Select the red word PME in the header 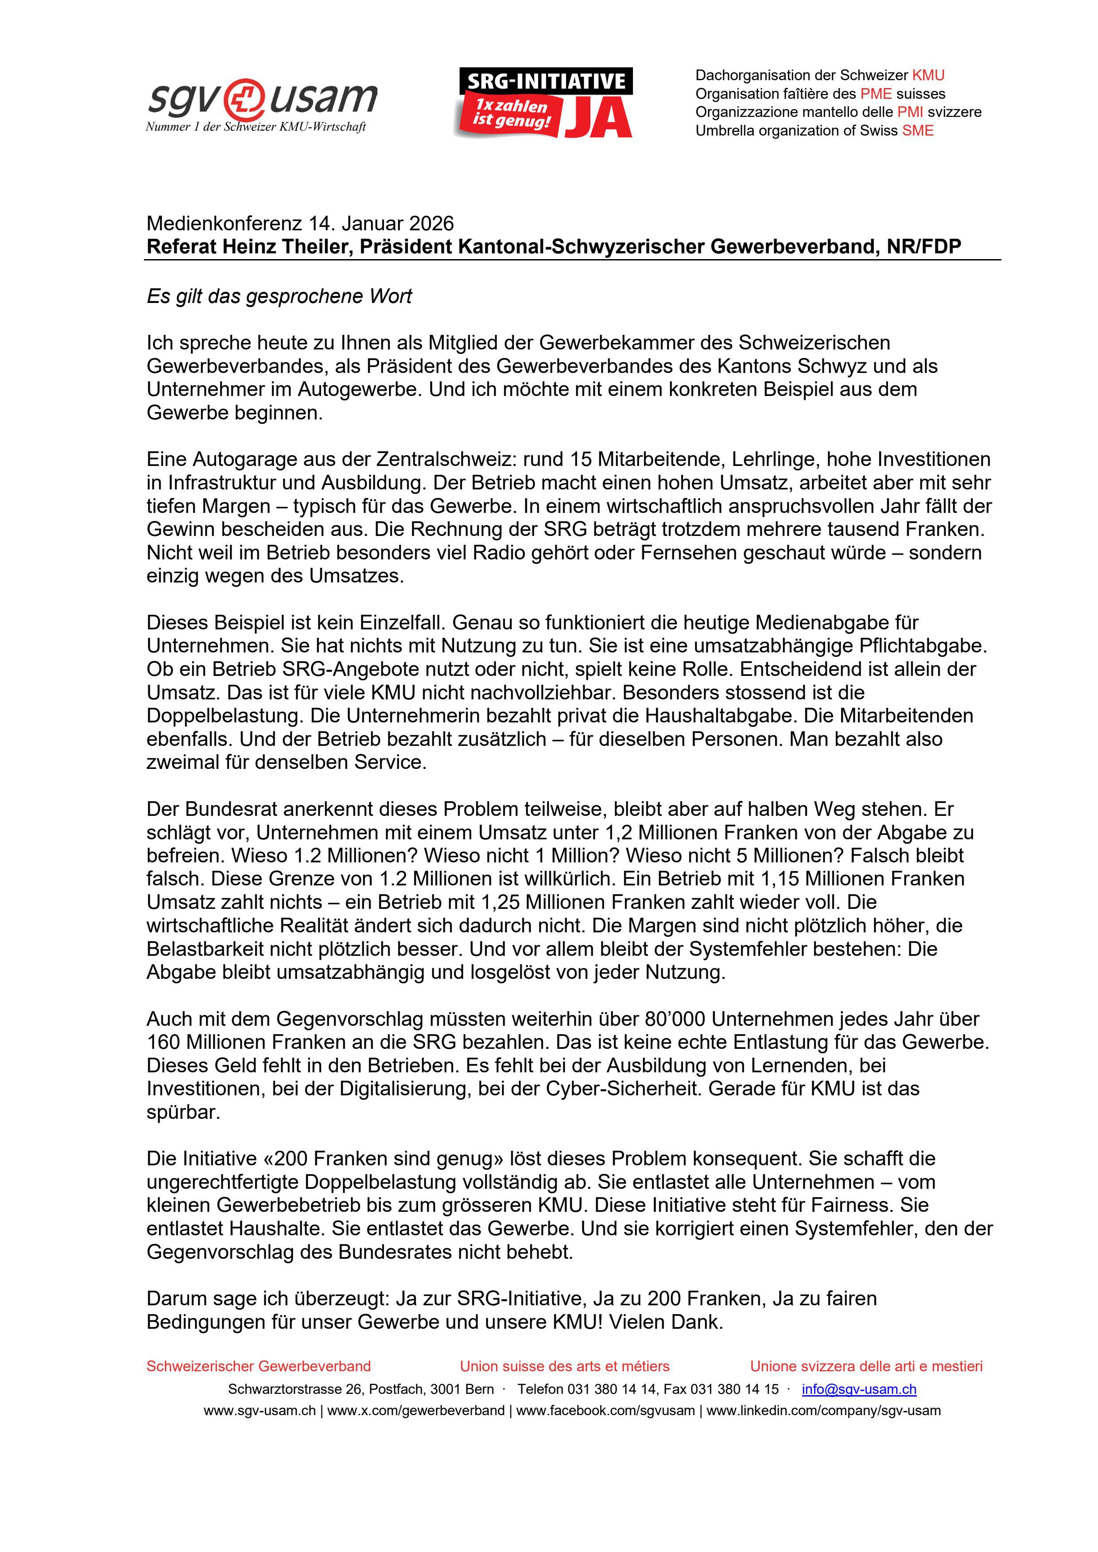876,94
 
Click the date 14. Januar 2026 381,224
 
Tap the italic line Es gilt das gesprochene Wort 279,297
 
